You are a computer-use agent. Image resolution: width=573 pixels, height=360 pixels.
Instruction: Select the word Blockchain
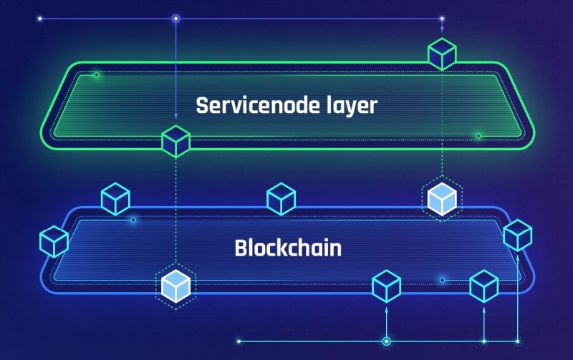287,248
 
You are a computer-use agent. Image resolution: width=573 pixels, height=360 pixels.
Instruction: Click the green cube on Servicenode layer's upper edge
442,54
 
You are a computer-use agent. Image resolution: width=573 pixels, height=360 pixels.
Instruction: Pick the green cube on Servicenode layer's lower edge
175,141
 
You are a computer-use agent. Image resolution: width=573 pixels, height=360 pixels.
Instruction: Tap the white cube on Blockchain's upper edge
441,198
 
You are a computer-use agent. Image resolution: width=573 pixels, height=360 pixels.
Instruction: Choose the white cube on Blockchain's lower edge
175,286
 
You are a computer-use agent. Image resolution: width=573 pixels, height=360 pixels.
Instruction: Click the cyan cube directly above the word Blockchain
281,199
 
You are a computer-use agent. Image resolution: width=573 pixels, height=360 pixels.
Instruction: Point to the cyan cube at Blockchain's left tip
54,241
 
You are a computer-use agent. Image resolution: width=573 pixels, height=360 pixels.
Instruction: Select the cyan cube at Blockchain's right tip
517,235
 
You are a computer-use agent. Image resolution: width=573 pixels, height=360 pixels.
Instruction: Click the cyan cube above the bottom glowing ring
387,286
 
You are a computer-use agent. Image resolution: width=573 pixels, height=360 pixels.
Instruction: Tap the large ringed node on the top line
176,19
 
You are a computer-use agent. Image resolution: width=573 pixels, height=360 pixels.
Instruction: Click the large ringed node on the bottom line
387,341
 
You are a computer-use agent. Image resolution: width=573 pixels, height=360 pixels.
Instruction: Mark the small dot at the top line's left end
39,19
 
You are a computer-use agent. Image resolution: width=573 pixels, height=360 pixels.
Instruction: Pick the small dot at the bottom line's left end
238,341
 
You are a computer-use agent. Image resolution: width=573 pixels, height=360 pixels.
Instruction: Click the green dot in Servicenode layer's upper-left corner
97,74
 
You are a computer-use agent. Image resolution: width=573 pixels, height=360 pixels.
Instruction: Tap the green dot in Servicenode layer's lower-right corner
478,135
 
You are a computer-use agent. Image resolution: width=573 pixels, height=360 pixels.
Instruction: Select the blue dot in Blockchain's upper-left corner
133,220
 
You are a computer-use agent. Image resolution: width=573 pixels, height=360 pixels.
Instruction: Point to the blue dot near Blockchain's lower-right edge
442,280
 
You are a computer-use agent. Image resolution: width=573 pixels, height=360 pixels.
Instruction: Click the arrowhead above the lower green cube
176,117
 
